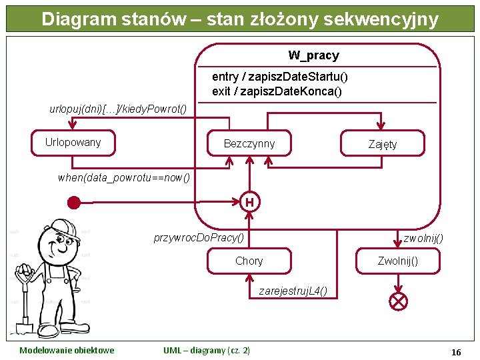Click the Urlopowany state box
tap(73, 142)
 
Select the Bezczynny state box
tap(249, 143)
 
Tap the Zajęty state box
tap(383, 144)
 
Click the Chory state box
tap(249, 261)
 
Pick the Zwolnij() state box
tap(398, 261)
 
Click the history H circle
tap(249, 201)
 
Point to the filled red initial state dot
tap(74, 202)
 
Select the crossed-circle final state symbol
tap(398, 301)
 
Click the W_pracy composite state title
tap(313, 55)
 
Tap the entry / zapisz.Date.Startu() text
tap(279, 77)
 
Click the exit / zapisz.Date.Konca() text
tap(277, 91)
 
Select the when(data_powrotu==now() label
tap(123, 177)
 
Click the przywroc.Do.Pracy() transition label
tap(199, 237)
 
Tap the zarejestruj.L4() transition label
tap(293, 291)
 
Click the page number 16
tap(456, 351)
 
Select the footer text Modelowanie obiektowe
tap(67, 351)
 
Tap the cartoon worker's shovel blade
tap(24, 327)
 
